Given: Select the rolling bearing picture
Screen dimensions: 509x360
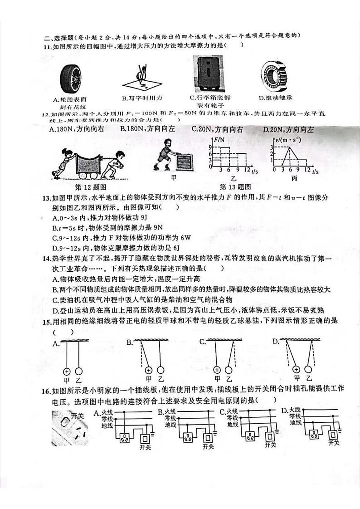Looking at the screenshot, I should [277, 76].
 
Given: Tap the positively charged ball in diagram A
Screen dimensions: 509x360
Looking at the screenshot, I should [68, 370].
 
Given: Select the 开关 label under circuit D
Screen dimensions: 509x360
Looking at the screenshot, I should [334, 443].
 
